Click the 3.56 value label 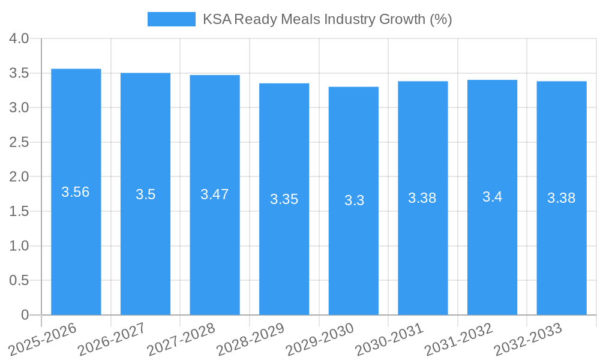(x=76, y=192)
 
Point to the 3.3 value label (x=354, y=200)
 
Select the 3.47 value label (x=214, y=194)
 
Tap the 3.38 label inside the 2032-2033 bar (x=561, y=198)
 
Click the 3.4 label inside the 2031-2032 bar (x=492, y=197)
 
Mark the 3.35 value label (x=284, y=199)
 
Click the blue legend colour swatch (x=171, y=19)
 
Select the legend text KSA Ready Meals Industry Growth (x=327, y=19)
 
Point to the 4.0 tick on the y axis (x=19, y=39)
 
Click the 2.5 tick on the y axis (x=19, y=142)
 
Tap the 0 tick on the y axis (x=25, y=315)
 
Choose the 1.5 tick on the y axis (x=19, y=211)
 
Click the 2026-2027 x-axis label (x=112, y=340)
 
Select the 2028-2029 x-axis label (x=251, y=340)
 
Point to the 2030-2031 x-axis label (x=389, y=340)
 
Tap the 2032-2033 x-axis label (x=528, y=340)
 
